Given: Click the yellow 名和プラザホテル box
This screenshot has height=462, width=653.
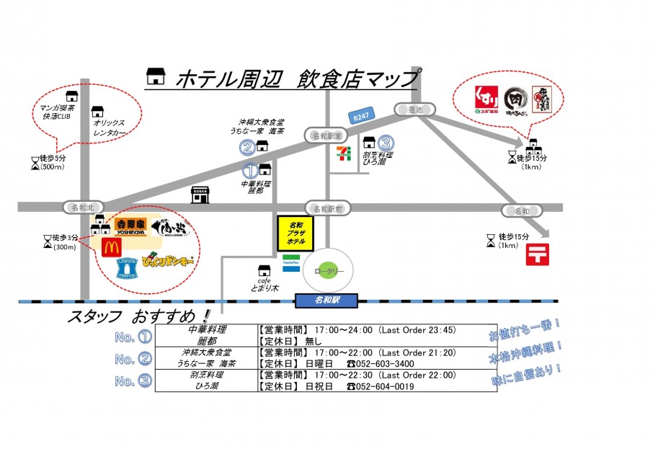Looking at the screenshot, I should pos(296,234).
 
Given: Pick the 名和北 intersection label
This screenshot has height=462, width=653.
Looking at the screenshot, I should pos(79,208).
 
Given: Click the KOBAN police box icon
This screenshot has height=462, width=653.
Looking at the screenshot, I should pos(200,194).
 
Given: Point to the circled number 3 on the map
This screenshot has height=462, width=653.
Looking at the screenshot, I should pos(386,143).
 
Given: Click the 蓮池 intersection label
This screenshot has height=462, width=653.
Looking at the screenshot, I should pos(414,110).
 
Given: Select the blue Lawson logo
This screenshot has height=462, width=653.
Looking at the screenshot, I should pos(128,265).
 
